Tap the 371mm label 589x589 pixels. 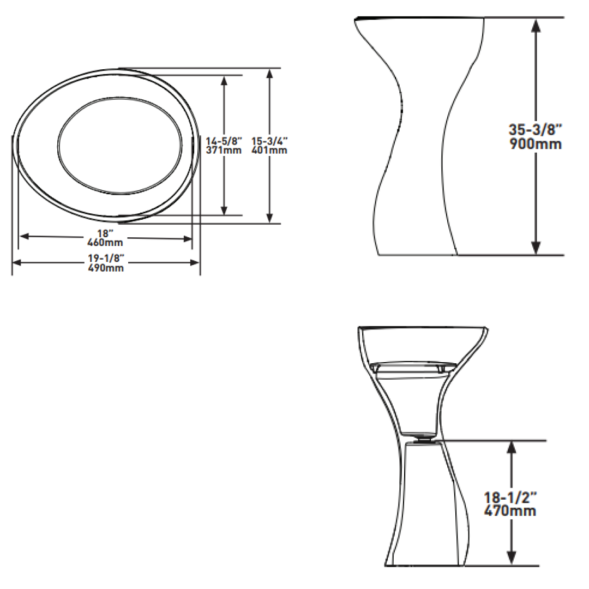coord(223,151)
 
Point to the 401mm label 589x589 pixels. coord(269,151)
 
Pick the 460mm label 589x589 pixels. coord(105,242)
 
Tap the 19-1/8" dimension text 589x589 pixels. coord(106,260)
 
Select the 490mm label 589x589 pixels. coord(106,268)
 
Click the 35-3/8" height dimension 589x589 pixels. coord(535,130)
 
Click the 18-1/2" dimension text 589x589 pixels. coord(510,497)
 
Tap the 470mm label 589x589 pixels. coord(510,511)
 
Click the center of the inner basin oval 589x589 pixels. coord(119,146)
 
